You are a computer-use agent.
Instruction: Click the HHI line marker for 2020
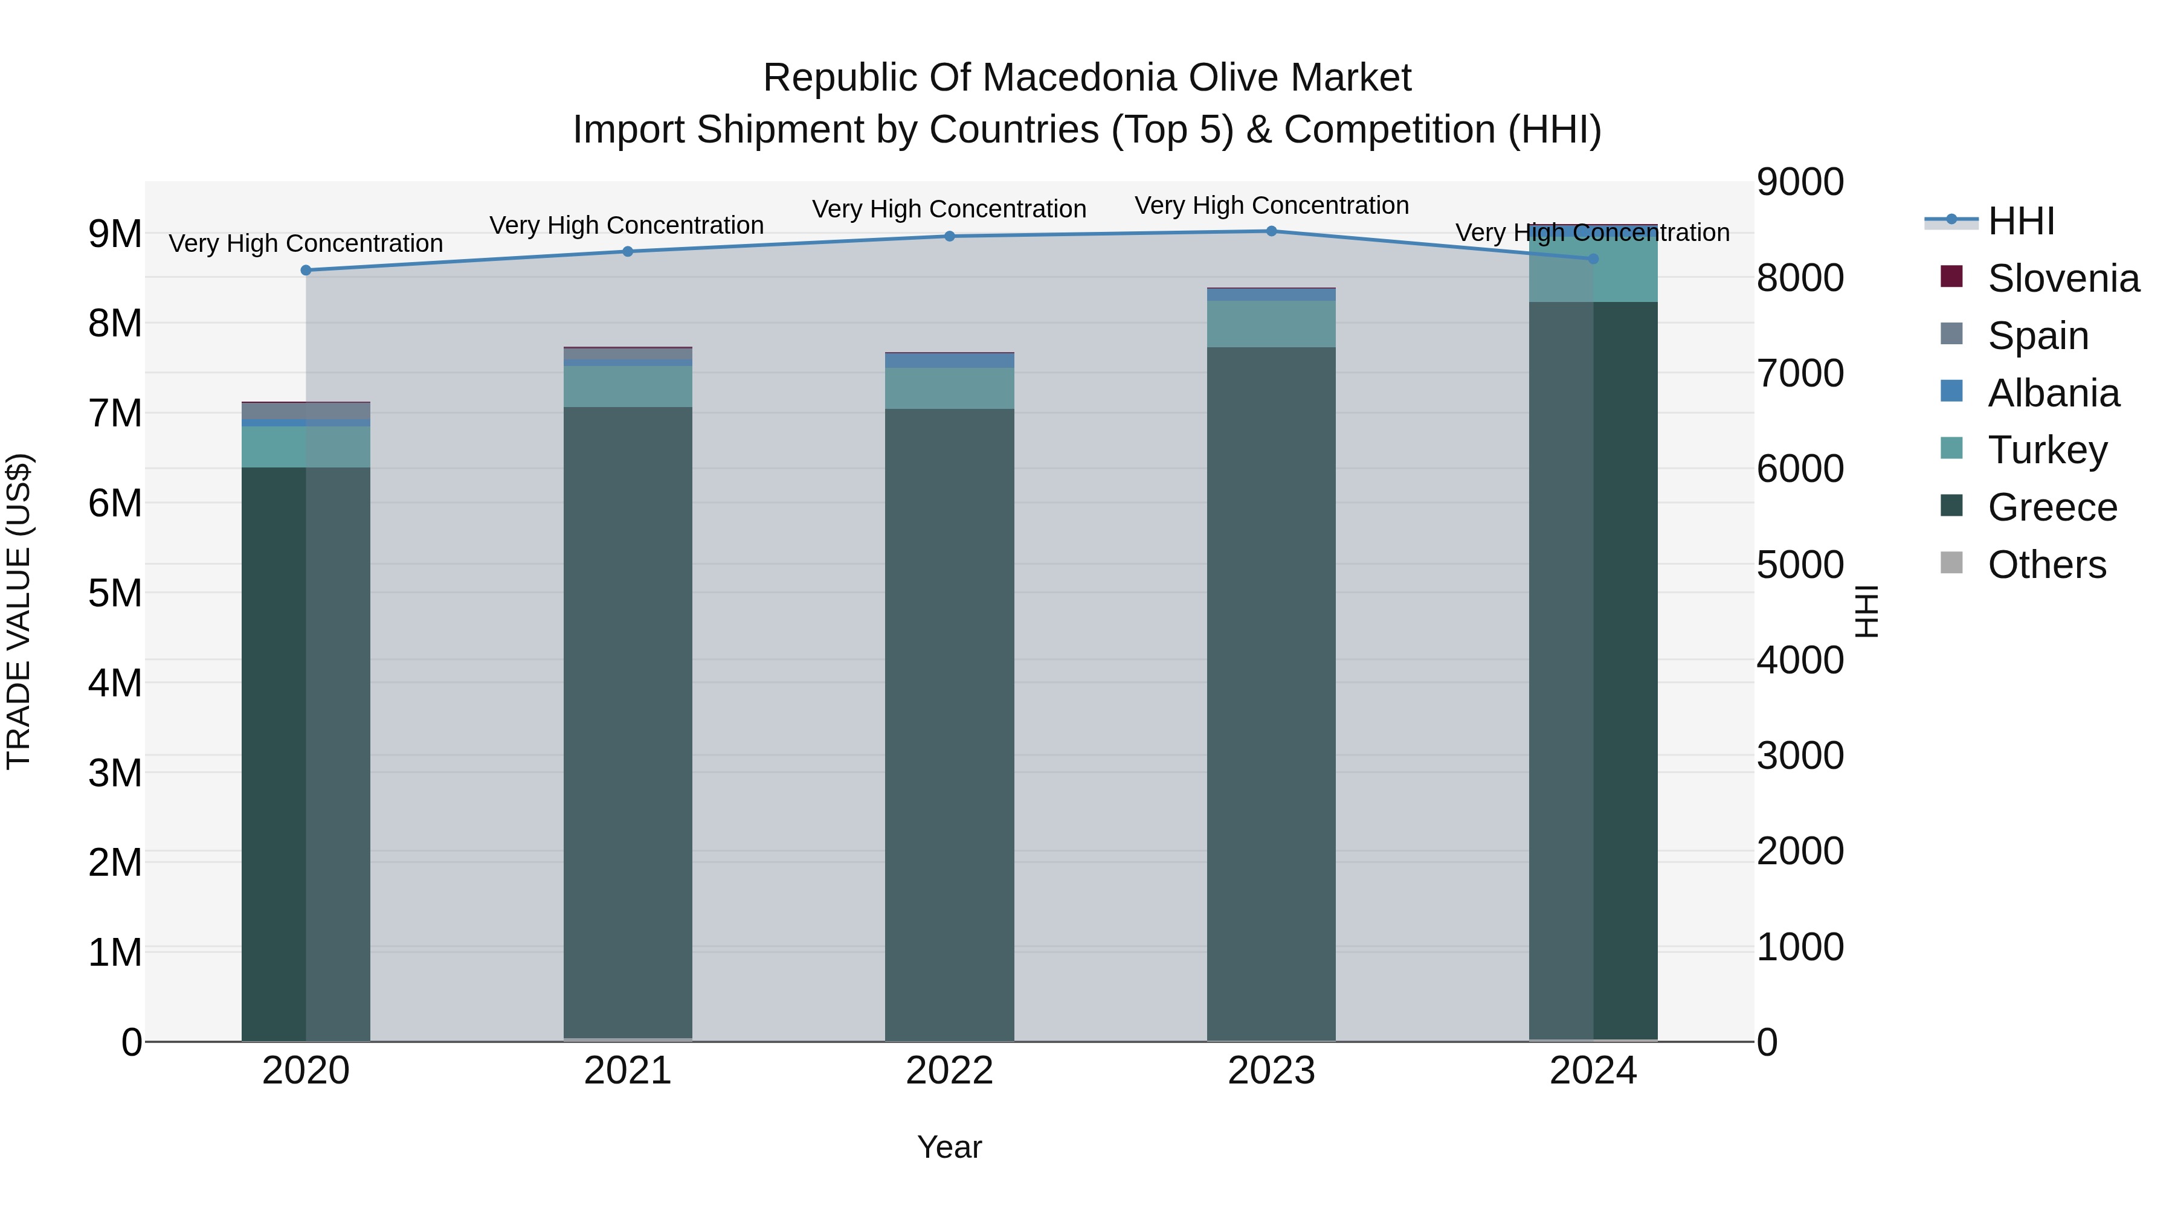(x=306, y=270)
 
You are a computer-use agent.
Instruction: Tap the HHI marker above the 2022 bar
(x=949, y=236)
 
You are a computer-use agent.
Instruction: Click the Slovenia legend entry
(x=2063, y=278)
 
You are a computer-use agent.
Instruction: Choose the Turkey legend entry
(x=2047, y=450)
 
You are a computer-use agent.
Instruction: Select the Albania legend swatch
(x=1951, y=391)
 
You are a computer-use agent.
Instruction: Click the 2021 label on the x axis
(x=627, y=1071)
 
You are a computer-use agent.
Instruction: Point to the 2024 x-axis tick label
(x=1593, y=1071)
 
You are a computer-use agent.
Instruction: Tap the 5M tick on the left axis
(x=115, y=593)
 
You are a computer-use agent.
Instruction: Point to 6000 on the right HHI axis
(x=1799, y=469)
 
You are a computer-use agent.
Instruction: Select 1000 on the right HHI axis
(x=1799, y=947)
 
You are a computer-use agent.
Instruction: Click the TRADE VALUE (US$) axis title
(x=19, y=611)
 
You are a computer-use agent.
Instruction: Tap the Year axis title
(x=949, y=1147)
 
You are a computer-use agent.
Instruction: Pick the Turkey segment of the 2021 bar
(x=627, y=387)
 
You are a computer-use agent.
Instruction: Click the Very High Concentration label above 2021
(x=627, y=225)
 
